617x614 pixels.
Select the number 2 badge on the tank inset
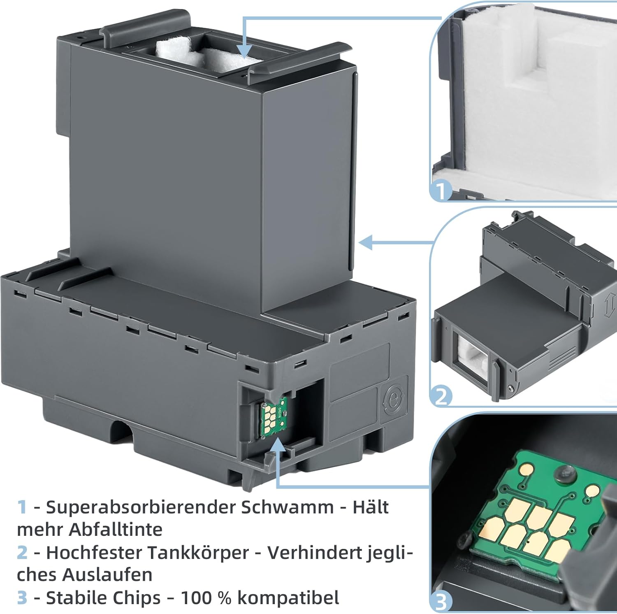tap(441, 396)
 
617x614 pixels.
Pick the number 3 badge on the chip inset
tap(441, 602)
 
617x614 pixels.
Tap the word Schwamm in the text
tap(287, 507)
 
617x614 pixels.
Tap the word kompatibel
tap(288, 598)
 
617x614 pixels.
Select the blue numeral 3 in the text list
tap(22, 598)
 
